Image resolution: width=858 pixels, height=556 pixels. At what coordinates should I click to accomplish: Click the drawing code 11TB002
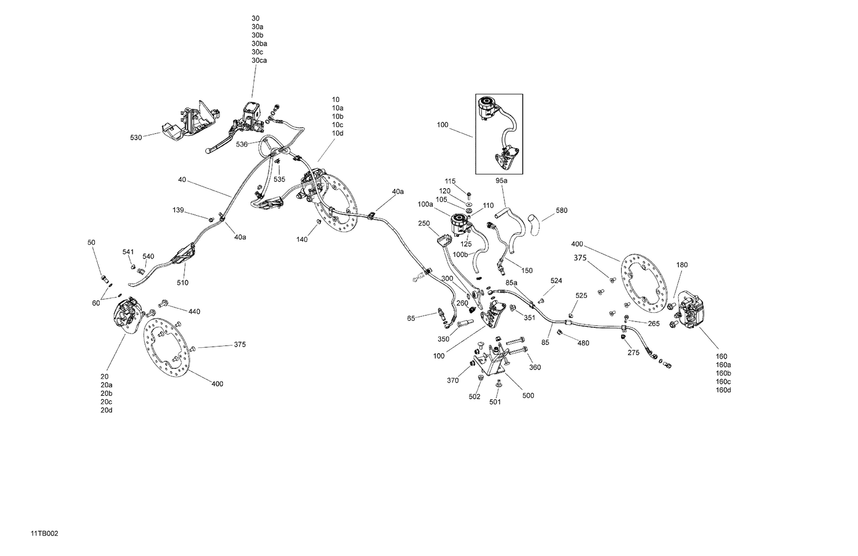[x=45, y=534]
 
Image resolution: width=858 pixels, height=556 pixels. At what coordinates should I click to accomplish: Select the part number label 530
[x=136, y=138]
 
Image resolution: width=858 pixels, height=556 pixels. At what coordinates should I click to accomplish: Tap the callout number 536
[x=242, y=145]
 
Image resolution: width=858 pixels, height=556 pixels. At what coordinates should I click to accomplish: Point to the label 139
[x=178, y=211]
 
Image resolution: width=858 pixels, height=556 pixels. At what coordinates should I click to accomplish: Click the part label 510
[x=182, y=283]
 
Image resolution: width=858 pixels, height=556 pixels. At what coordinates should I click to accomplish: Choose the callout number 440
[x=194, y=312]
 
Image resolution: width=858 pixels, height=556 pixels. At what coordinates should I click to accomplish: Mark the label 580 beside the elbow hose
[x=561, y=211]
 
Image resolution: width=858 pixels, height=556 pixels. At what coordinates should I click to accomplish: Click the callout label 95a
[x=501, y=181]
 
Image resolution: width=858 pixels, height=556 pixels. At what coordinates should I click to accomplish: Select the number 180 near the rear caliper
[x=682, y=265]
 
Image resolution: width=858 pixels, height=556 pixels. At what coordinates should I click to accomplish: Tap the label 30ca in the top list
[x=259, y=61]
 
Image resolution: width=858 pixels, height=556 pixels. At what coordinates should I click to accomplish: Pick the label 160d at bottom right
[x=723, y=390]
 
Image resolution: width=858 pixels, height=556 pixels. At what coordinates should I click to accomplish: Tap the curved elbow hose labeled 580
[x=534, y=224]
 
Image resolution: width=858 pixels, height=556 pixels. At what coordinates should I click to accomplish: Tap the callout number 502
[x=475, y=398]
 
